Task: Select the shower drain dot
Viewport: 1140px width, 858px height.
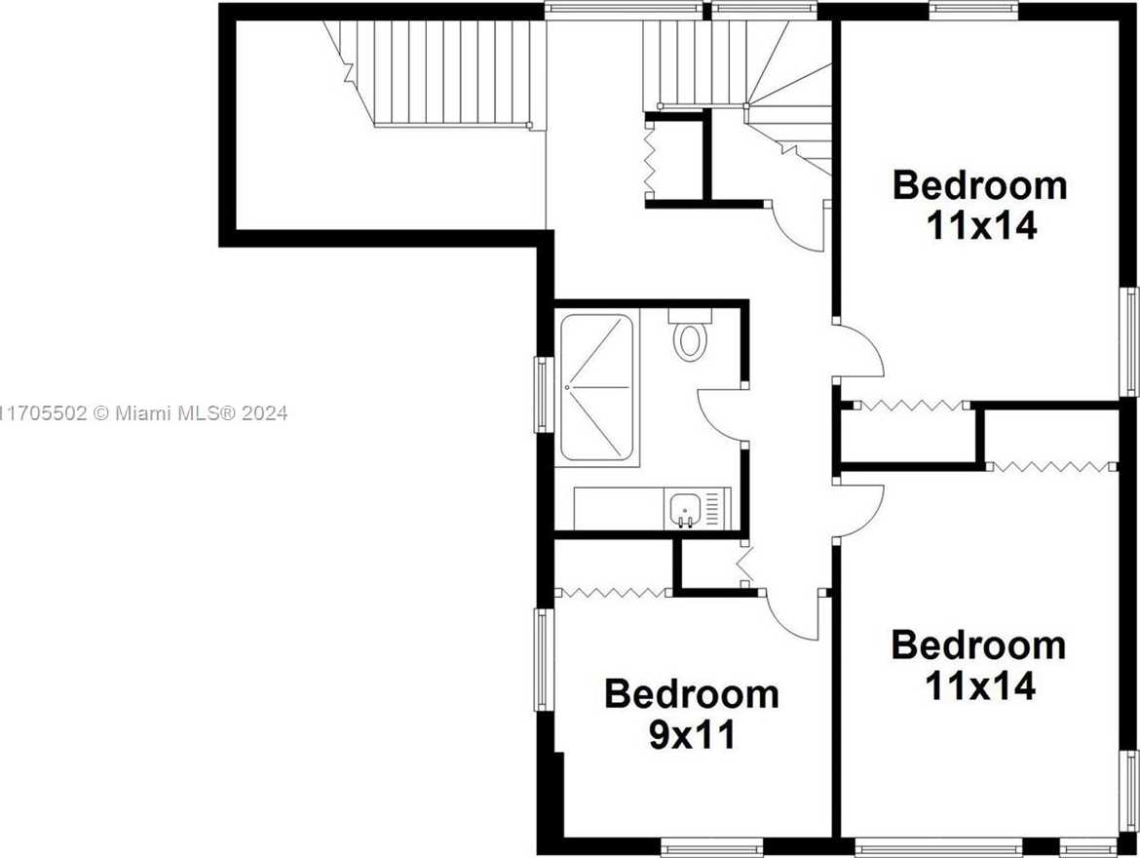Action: coord(567,387)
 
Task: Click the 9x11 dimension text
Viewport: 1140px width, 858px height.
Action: coord(692,736)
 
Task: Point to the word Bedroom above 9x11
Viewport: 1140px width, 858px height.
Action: coord(692,694)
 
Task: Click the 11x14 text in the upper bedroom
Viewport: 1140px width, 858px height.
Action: coord(981,226)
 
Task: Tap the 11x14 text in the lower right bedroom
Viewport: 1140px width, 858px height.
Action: coord(979,685)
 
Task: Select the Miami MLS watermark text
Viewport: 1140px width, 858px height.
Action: coord(144,413)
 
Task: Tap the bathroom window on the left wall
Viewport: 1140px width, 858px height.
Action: coord(543,394)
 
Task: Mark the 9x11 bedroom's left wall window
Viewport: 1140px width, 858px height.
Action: coord(543,659)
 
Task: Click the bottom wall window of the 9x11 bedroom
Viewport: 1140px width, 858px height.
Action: coord(712,847)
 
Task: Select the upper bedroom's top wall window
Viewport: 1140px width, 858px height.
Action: coord(973,10)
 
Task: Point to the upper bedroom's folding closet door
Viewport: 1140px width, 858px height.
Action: coord(910,406)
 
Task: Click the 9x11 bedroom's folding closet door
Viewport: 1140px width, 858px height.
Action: coord(612,593)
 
